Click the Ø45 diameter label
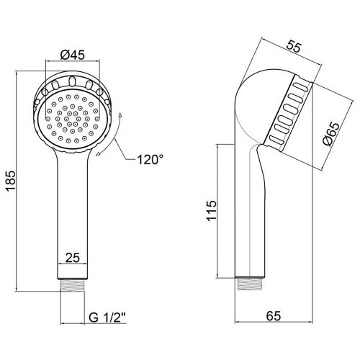pos(73,55)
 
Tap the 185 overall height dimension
pos(11,181)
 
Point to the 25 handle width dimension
pos(73,258)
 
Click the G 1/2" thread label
pos(107,318)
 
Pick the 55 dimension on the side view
pos(294,47)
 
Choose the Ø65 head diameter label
pos(332,134)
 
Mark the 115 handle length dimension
pos(212,211)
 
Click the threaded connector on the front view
pos(73,285)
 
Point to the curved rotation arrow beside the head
pos(111,135)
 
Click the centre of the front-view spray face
pos(73,118)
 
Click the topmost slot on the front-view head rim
pos(72,81)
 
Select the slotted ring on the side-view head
pos(288,113)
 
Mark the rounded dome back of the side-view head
pos(261,101)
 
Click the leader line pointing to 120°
pos(125,150)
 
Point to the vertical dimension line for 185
pos(17,181)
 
